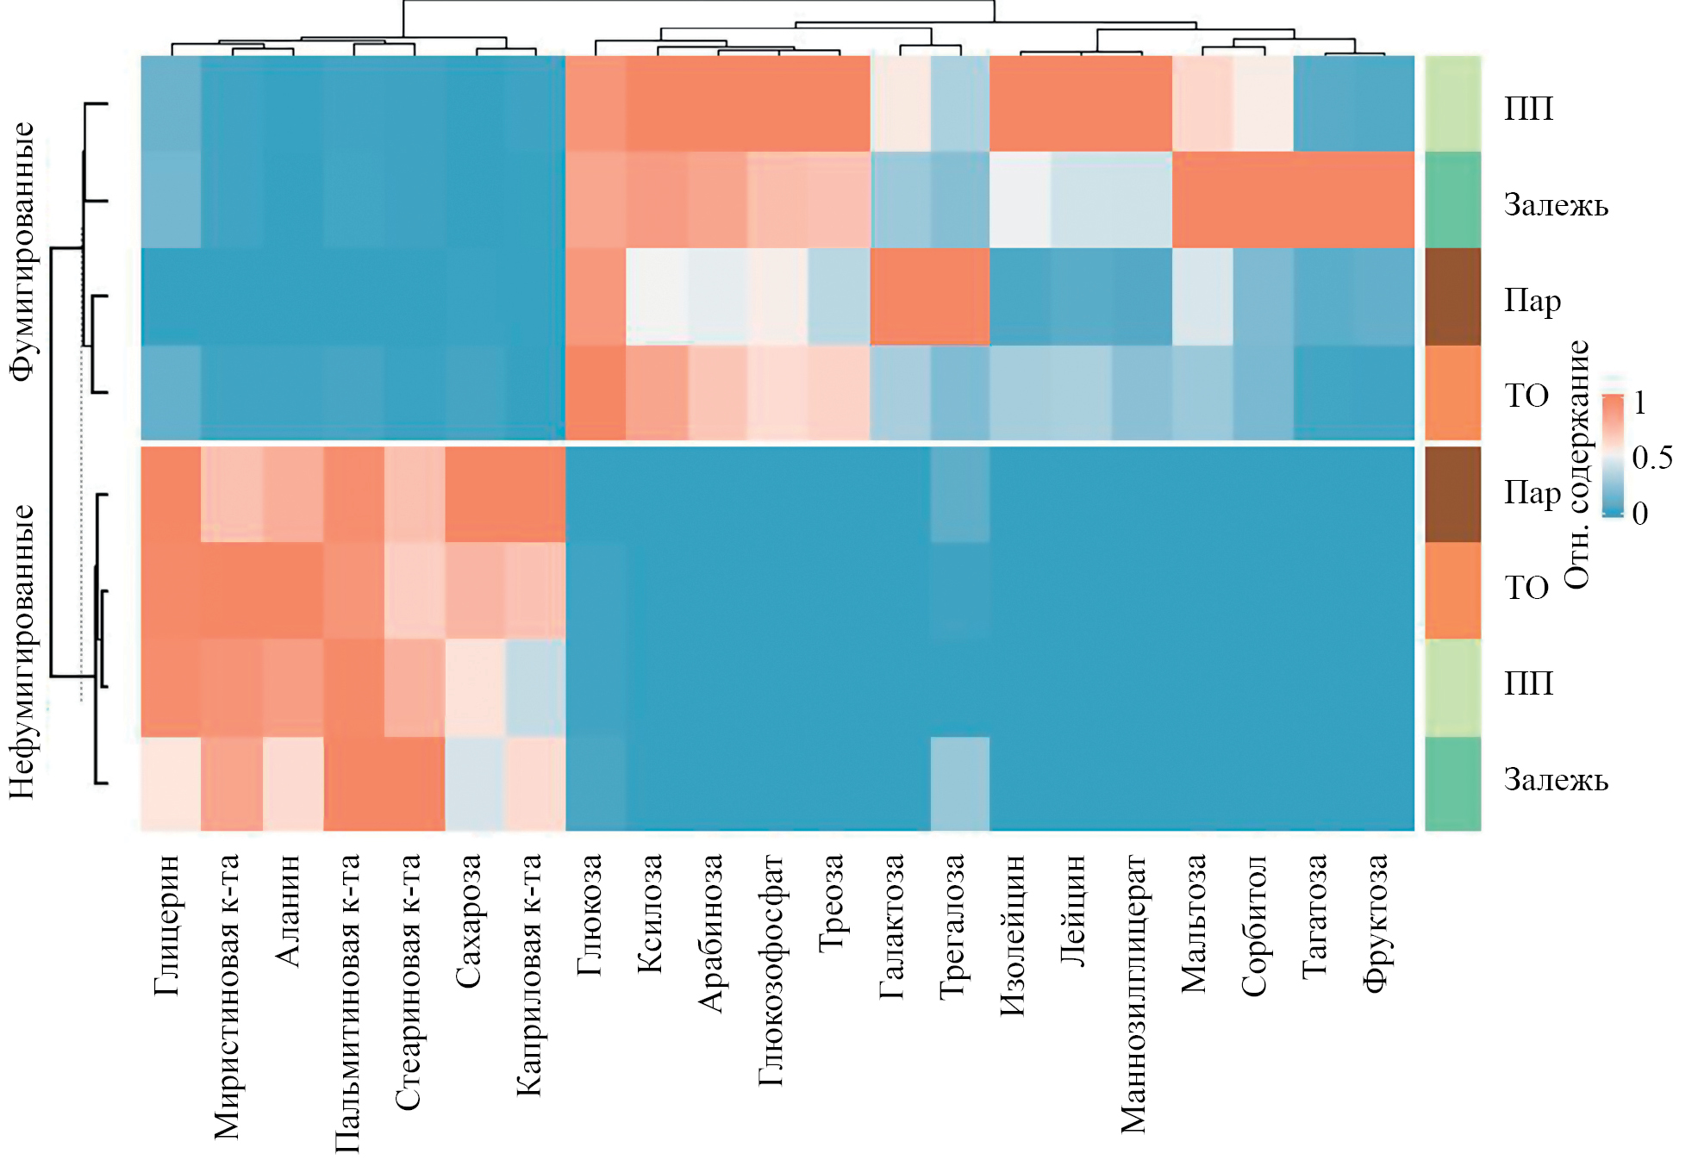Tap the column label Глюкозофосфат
pyautogui.click(x=771, y=970)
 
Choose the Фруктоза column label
pyautogui.click(x=1376, y=923)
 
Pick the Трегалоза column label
pyautogui.click(x=952, y=926)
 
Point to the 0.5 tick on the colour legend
pyautogui.click(x=1652, y=458)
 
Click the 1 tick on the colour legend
pyautogui.click(x=1640, y=402)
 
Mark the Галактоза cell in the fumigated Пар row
pyautogui.click(x=900, y=296)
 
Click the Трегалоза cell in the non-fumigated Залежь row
pyautogui.click(x=960, y=783)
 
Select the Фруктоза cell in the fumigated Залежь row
pyautogui.click(x=1384, y=200)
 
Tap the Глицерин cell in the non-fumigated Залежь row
pyautogui.click(x=172, y=783)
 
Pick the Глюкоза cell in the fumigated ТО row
pyautogui.click(x=596, y=393)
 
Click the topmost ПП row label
pyautogui.click(x=1528, y=109)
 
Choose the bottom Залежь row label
pyautogui.click(x=1556, y=780)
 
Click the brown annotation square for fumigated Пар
pyautogui.click(x=1452, y=296)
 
